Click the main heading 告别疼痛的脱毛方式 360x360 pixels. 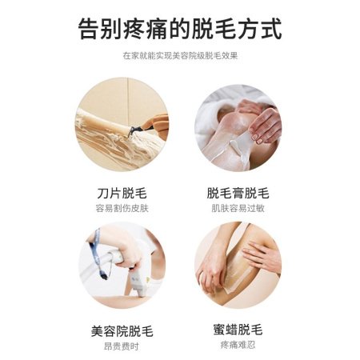(x=180, y=29)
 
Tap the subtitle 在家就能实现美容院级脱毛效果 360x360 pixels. (x=180, y=56)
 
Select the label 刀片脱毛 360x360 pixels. (x=122, y=193)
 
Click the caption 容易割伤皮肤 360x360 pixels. (x=122, y=208)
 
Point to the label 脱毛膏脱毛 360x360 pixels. (x=238, y=193)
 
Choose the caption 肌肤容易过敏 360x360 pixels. (x=238, y=208)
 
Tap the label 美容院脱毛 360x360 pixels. (x=122, y=331)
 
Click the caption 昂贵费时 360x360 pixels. (x=122, y=346)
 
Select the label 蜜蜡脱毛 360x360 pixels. (x=238, y=330)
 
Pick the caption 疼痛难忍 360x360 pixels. (x=238, y=345)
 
